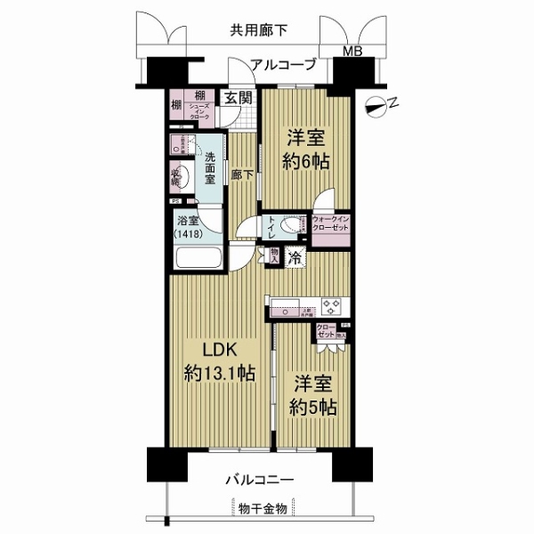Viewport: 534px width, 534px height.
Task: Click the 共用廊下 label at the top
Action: [259, 29]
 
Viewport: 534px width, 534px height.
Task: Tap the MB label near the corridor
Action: [353, 51]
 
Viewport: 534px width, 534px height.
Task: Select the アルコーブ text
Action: [283, 64]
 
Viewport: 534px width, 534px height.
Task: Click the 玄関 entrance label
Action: [237, 98]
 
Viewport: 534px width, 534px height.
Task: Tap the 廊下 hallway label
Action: [239, 175]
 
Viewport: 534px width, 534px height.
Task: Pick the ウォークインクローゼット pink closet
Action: [330, 229]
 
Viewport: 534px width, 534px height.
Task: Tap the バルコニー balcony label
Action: [261, 481]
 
